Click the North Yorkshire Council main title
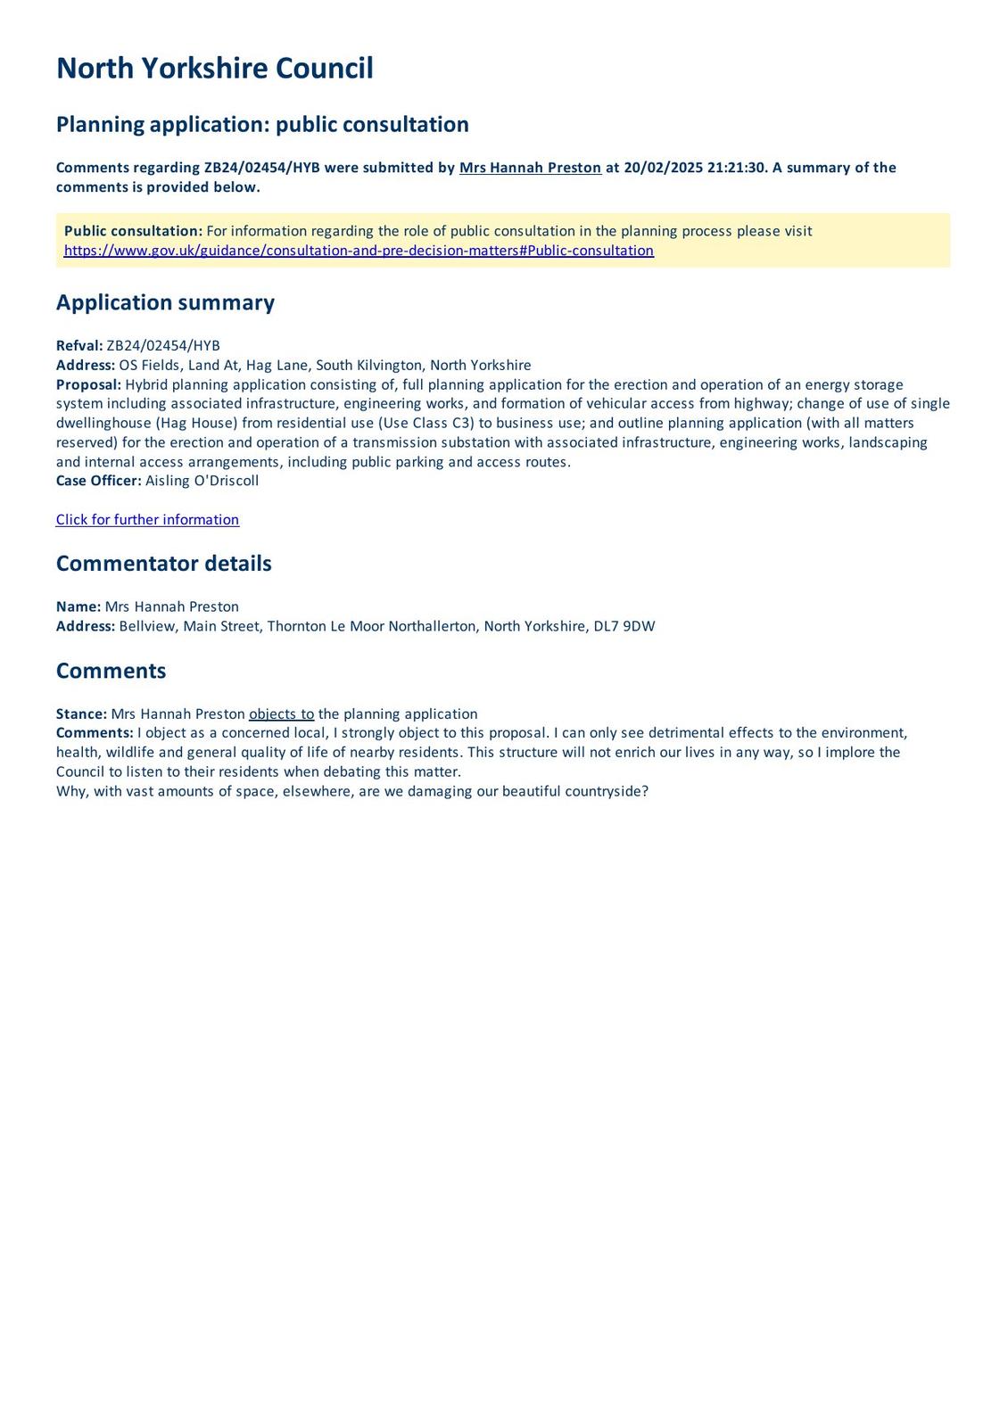click(214, 69)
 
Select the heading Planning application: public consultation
click(262, 124)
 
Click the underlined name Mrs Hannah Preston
click(530, 168)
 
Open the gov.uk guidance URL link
click(359, 251)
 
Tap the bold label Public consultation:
click(133, 231)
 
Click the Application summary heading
click(165, 302)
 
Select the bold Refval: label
click(79, 346)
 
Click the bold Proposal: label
click(88, 384)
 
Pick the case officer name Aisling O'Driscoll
click(202, 481)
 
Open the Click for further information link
click(147, 520)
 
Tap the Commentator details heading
click(163, 564)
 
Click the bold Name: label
click(78, 606)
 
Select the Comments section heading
click(111, 671)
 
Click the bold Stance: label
click(81, 713)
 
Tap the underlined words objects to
click(281, 713)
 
